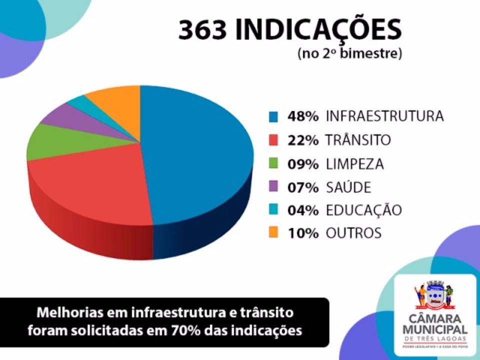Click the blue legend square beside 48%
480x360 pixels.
click(273, 117)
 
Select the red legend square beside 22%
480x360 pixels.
click(273, 140)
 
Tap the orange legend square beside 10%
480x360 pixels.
click(273, 233)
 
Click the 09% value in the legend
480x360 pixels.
click(303, 164)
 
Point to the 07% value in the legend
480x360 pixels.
click(303, 187)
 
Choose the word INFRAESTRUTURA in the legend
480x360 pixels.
click(384, 116)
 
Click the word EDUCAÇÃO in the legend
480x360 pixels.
click(363, 210)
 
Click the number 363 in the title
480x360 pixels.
click(203, 31)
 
